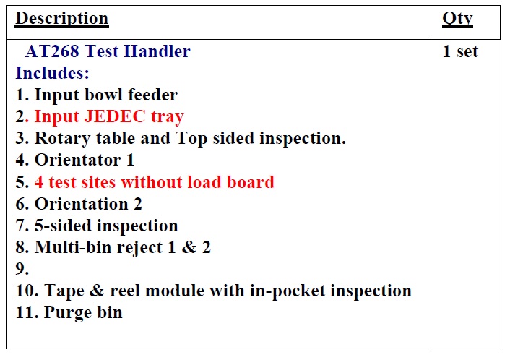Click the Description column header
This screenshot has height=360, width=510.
[x=62, y=19]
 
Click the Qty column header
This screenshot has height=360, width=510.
[x=457, y=19]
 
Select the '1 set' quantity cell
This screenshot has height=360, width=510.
[x=460, y=51]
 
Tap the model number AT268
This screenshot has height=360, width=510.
[x=52, y=51]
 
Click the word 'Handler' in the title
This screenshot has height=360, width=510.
[x=157, y=51]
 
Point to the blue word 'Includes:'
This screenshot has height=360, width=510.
[x=52, y=73]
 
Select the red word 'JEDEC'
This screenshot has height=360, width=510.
[x=115, y=116]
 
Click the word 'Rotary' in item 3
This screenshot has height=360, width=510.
[x=62, y=139]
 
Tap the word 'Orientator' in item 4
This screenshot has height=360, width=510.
[x=78, y=160]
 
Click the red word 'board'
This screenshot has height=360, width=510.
[x=251, y=181]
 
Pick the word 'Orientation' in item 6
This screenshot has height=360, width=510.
[x=82, y=204]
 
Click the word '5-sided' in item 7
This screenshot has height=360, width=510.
[x=63, y=226]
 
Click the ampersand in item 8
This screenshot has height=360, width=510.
[x=189, y=247]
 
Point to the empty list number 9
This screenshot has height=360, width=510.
[x=22, y=269]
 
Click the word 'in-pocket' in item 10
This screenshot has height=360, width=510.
[x=288, y=291]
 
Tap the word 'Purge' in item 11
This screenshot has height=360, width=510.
[x=67, y=312]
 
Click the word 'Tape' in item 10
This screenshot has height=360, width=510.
[x=64, y=291]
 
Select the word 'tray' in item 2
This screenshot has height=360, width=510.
[x=168, y=117]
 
